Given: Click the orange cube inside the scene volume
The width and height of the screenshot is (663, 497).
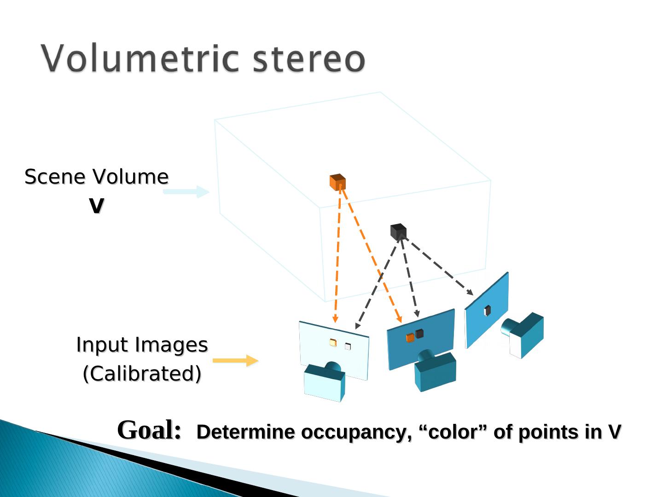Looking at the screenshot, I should (x=337, y=182).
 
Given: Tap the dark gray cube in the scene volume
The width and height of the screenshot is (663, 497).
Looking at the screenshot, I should (x=398, y=231).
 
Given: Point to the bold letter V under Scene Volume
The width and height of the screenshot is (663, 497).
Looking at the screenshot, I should (x=96, y=206).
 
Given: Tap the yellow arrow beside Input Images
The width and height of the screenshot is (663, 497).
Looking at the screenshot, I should (x=235, y=360).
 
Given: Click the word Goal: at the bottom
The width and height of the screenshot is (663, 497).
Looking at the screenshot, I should (x=149, y=430).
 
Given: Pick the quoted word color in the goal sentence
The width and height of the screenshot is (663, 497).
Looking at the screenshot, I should (x=454, y=432).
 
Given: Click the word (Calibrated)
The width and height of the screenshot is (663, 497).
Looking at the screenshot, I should (x=142, y=374).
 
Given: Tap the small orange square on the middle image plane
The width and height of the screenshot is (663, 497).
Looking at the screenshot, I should (x=410, y=338).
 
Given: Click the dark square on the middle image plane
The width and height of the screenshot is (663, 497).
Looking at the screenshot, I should (x=419, y=334).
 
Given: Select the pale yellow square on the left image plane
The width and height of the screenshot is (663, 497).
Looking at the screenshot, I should (x=333, y=342).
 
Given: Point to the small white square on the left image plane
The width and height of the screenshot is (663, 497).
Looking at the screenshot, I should (x=348, y=347).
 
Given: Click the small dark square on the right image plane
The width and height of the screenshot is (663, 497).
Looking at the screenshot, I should (x=487, y=311).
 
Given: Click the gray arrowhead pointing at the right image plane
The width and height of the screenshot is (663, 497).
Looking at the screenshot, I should (x=470, y=293).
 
